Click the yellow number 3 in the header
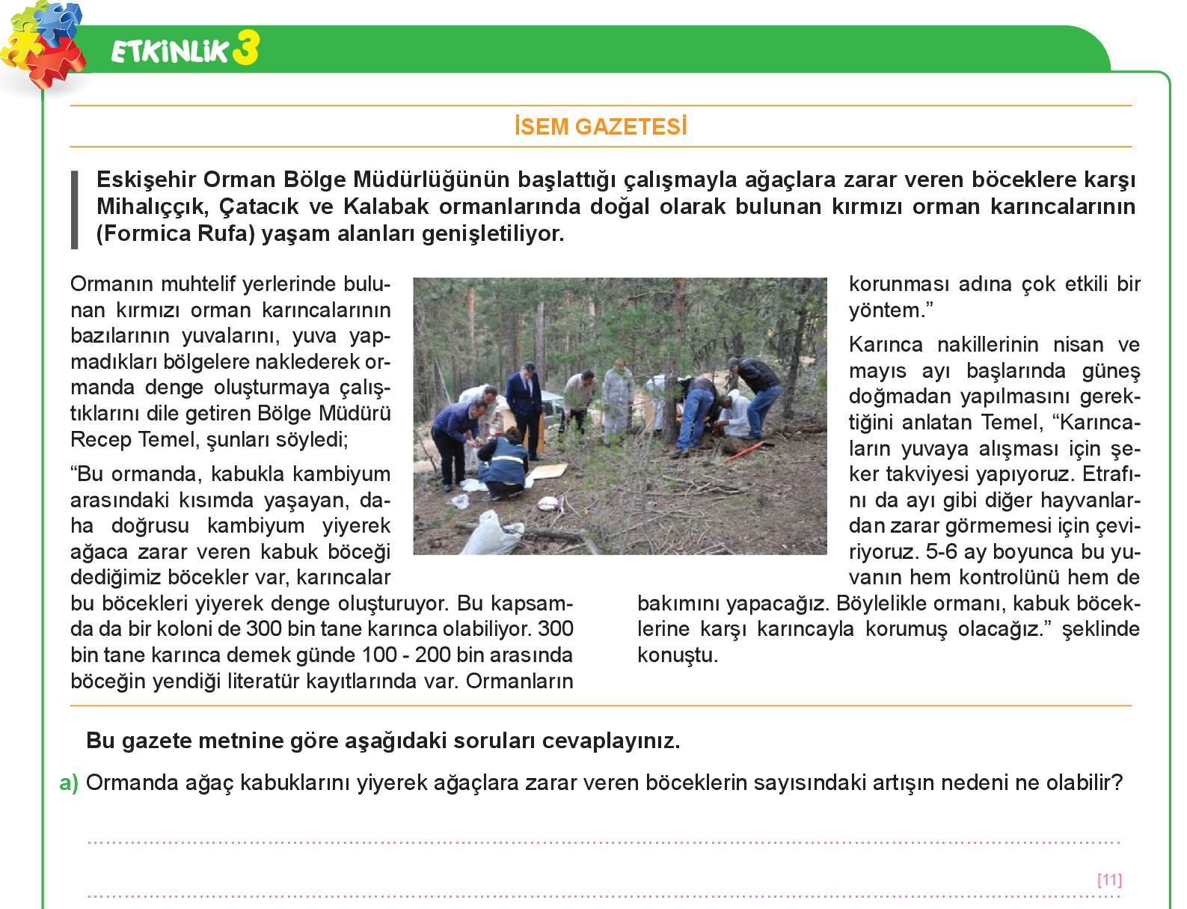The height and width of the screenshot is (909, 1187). (245, 48)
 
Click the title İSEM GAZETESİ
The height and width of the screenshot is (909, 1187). (601, 126)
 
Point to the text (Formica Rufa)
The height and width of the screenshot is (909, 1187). (176, 233)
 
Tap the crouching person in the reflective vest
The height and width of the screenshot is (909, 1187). (504, 465)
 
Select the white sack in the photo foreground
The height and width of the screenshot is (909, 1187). (490, 533)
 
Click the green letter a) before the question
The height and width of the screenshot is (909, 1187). (69, 783)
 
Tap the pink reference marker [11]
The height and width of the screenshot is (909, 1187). (1109, 879)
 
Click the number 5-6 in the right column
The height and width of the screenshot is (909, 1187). (941, 551)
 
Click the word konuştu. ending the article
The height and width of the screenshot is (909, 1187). (677, 655)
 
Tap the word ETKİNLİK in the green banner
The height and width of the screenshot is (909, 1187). (170, 51)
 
